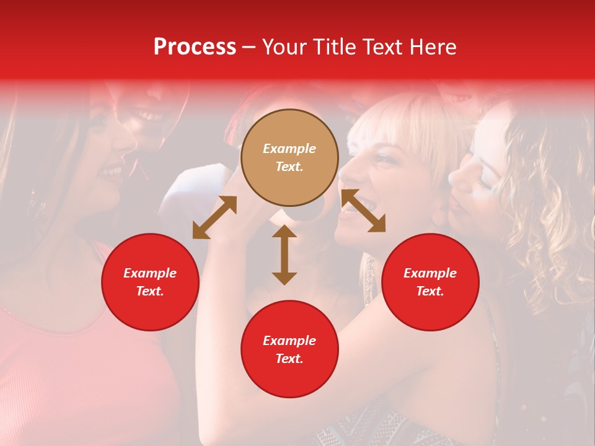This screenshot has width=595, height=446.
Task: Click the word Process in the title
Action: coord(195,47)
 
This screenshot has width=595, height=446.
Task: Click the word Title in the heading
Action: coord(333,47)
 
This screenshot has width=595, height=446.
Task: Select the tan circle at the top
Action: coord(289,157)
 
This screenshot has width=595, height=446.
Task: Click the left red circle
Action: coord(150,282)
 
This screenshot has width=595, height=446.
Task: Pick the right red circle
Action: coord(430,282)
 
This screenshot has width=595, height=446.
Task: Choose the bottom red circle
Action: coord(289,349)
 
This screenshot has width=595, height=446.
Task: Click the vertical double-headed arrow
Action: coord(284,255)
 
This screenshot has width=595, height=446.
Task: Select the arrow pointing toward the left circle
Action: coord(214,217)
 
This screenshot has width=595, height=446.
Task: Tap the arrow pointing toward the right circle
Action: coord(363,211)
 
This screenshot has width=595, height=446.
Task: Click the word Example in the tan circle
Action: coord(289,149)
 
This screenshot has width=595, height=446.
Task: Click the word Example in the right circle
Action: coord(430,273)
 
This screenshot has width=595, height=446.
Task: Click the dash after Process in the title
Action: coord(249,47)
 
